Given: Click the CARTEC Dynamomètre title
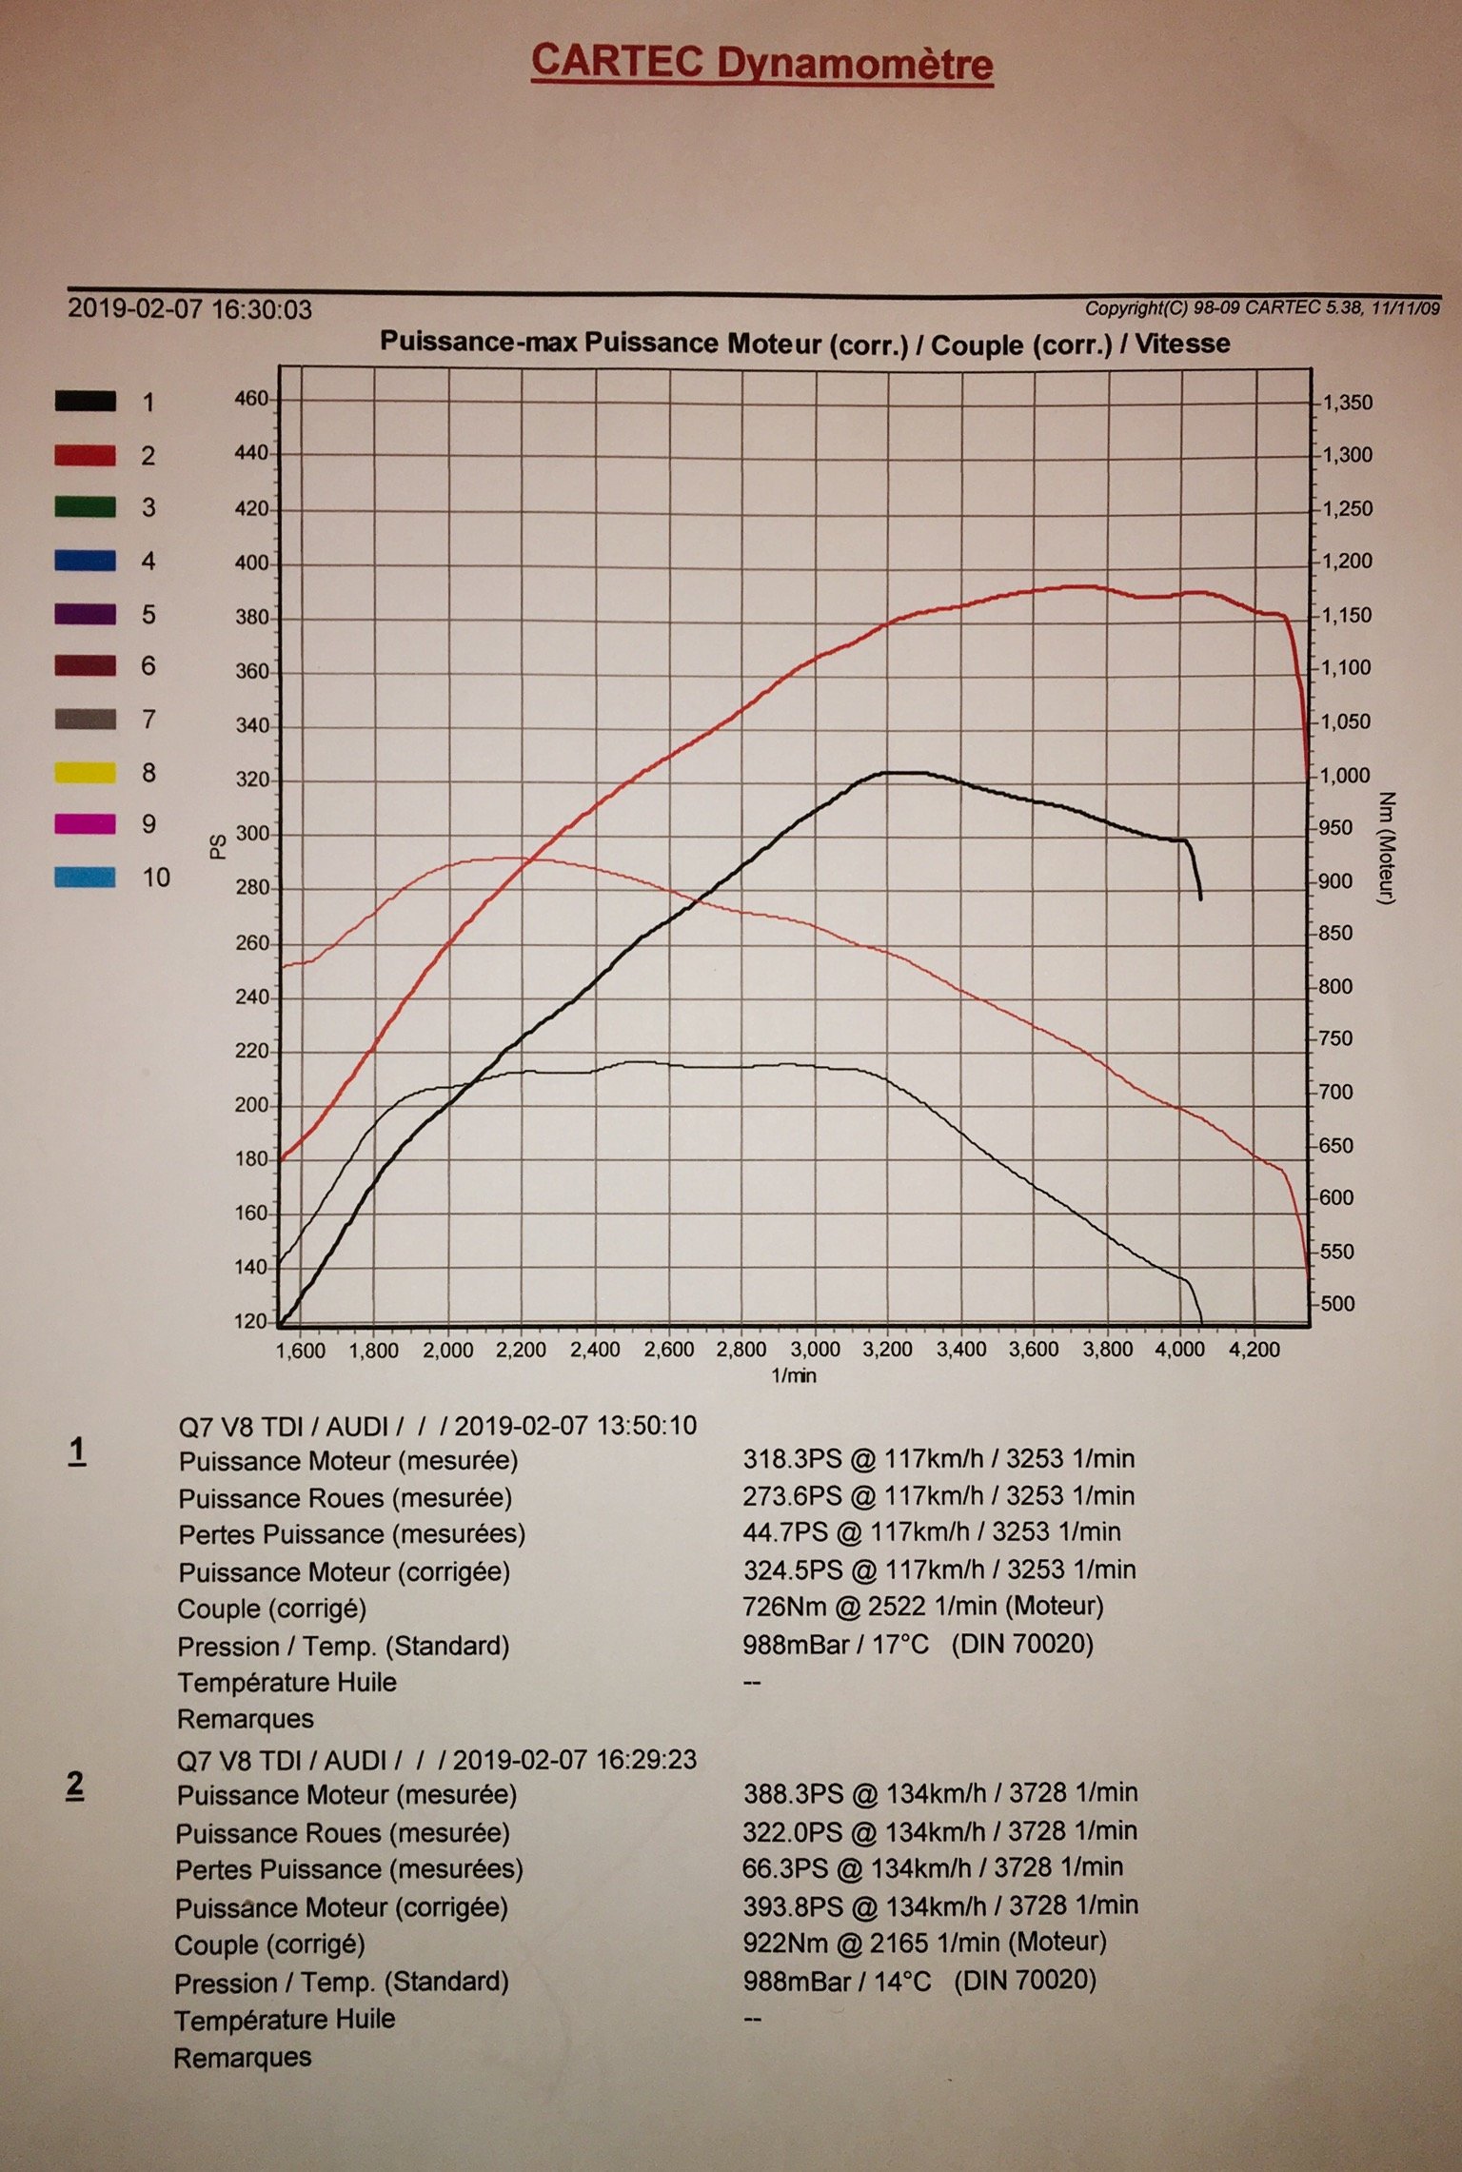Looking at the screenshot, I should [x=761, y=63].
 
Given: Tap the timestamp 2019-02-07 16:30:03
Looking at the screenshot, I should [x=189, y=309].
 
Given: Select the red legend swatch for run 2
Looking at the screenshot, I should [x=86, y=455].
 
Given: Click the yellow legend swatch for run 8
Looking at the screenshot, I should [x=86, y=772].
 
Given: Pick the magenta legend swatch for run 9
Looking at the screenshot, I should [x=86, y=824].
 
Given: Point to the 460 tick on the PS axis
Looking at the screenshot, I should [x=252, y=399].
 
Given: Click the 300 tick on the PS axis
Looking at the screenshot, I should [x=252, y=835].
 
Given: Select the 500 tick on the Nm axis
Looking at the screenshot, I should [x=1337, y=1303].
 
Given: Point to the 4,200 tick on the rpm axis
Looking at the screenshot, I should [x=1255, y=1350].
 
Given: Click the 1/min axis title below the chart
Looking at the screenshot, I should [x=794, y=1375].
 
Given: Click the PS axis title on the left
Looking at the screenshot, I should [x=218, y=846].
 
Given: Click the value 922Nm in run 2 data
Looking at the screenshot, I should [x=785, y=1942].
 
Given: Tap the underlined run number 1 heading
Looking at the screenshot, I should [x=77, y=1451].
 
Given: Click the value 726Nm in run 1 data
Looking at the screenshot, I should [x=784, y=1607].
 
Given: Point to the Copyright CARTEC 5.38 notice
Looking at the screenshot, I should [x=1261, y=307].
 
